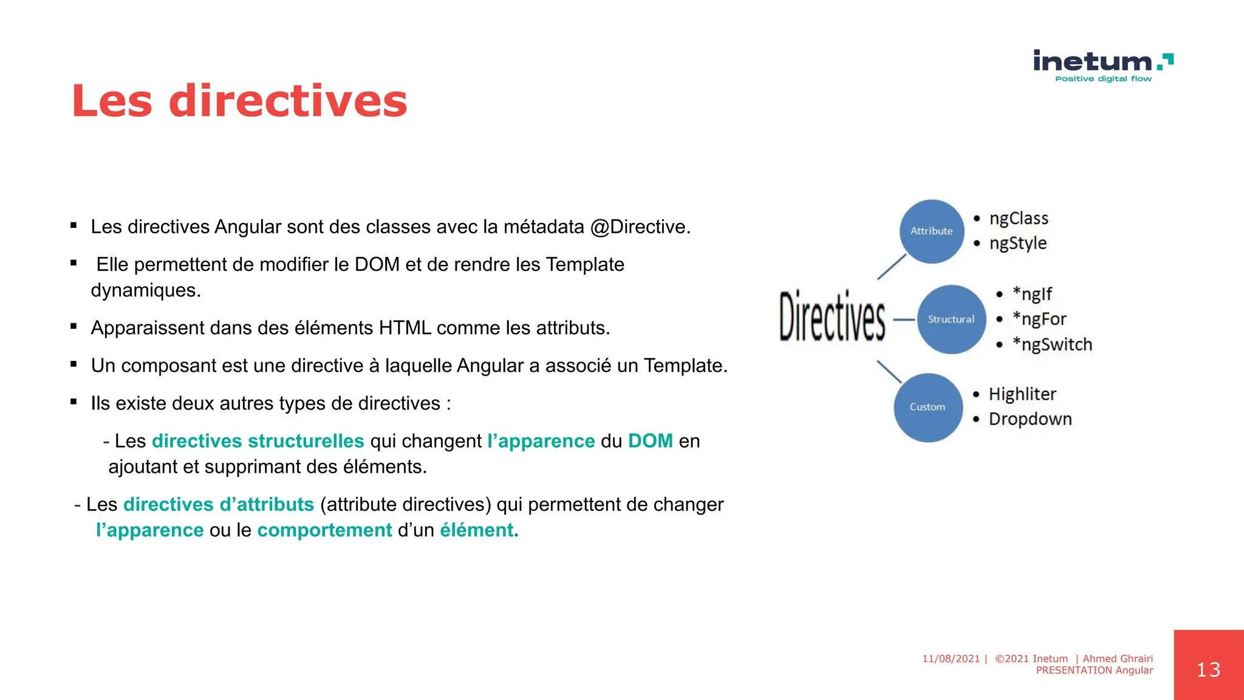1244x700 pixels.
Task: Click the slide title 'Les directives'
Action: [239, 101]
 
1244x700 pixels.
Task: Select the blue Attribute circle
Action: [931, 231]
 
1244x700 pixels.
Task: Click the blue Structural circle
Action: [951, 319]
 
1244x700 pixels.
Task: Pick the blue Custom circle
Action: [928, 407]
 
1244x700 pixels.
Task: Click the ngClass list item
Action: [1019, 218]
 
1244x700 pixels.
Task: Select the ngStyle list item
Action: [1017, 243]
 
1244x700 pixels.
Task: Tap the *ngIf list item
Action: [1032, 294]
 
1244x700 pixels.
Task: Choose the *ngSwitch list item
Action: [1052, 345]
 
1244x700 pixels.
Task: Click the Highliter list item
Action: [1022, 394]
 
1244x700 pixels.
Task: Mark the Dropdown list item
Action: [1030, 419]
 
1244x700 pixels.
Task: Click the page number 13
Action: [1208, 670]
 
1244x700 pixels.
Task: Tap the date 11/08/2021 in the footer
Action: [951, 659]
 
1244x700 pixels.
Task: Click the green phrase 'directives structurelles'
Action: [258, 441]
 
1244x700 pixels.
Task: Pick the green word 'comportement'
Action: [324, 530]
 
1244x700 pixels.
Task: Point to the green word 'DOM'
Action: [650, 441]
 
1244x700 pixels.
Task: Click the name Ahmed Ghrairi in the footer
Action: [1118, 659]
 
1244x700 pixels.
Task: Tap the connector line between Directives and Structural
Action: [904, 320]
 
